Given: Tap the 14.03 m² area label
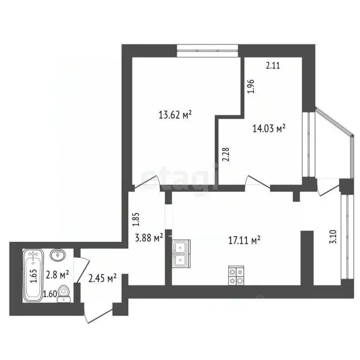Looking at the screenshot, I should coord(269,127).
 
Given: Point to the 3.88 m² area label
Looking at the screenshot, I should coord(149,238).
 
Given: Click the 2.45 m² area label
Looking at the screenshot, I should coord(102,278).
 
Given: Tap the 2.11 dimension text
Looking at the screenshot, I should coord(273,66).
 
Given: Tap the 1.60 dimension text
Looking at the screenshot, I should coord(49,294).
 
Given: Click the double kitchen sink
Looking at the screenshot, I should coord(181,253).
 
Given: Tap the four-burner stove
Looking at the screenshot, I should coord(236,275).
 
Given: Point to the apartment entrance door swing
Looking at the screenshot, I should coord(96,311).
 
